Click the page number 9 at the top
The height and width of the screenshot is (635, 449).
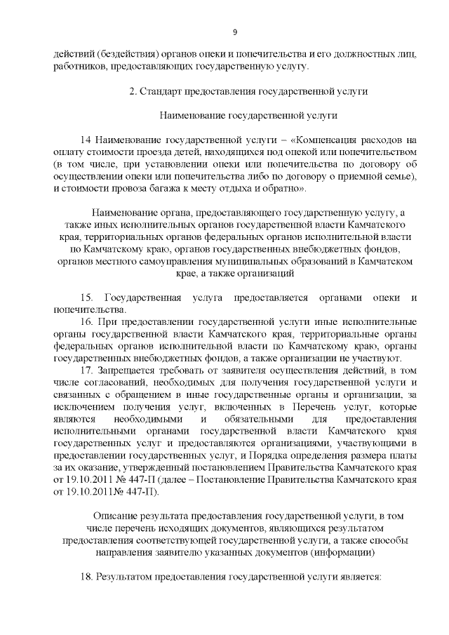[x=235, y=32]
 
